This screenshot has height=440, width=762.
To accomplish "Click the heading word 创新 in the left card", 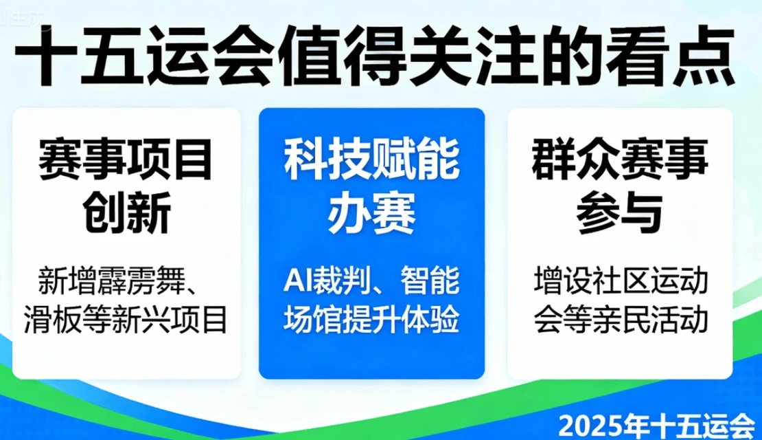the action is tap(126, 212).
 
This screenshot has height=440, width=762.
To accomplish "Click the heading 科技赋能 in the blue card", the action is tap(372, 159).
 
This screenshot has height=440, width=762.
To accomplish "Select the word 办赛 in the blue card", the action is tap(372, 212).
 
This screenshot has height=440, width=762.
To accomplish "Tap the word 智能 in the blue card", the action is tap(430, 280).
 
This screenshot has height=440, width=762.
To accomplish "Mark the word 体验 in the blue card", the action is tap(430, 320).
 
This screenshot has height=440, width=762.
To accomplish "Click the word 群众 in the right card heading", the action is tap(575, 159).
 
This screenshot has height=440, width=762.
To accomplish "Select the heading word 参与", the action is tap(620, 212).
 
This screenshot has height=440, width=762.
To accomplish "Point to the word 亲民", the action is tap(621, 320).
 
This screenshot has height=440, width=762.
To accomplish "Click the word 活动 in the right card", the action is tap(679, 320).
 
